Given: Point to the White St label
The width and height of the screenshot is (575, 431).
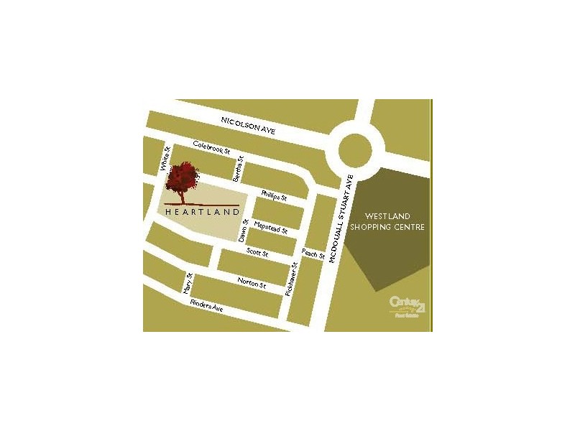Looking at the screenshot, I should [x=165, y=160].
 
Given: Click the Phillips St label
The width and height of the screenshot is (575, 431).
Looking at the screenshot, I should [x=274, y=195].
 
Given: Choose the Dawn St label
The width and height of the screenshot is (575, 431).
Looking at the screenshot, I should [x=244, y=230].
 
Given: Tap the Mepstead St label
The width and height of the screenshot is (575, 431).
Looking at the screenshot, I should [x=270, y=228].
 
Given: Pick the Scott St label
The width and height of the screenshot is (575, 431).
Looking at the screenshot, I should [x=257, y=253].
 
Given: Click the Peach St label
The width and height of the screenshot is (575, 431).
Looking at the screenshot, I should [x=313, y=254].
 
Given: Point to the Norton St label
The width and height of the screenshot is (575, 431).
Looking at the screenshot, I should [x=252, y=284].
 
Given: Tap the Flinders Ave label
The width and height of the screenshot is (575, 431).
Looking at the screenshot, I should [x=207, y=307].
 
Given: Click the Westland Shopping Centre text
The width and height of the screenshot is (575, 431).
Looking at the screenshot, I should [x=395, y=221].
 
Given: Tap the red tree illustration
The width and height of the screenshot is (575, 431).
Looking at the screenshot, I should [x=181, y=180].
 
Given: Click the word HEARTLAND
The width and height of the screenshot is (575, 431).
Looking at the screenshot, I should [x=201, y=212].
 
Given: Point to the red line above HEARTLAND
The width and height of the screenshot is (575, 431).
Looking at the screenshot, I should [x=201, y=205].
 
